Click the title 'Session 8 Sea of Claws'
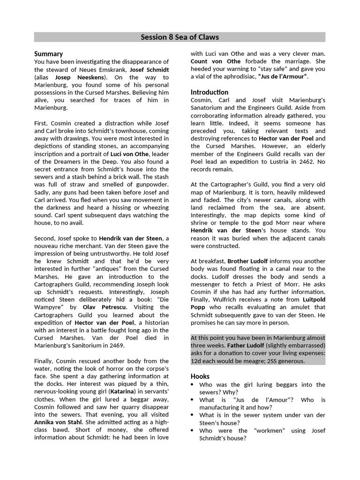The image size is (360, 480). click(x=180, y=37)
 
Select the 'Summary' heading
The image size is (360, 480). click(x=48, y=54)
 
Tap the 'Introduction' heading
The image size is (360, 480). click(x=210, y=92)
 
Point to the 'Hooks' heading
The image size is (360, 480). click(x=200, y=376)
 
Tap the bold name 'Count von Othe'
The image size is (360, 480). click(x=216, y=61)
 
